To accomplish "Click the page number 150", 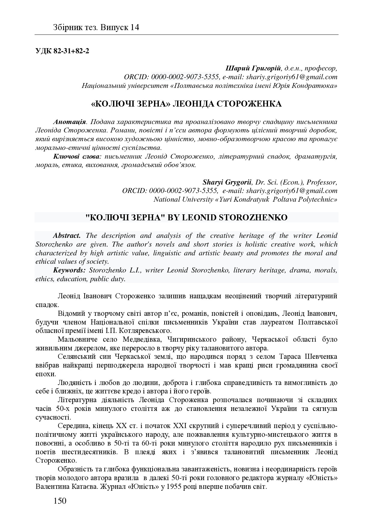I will [60, 501].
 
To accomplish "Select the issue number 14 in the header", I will [135, 28].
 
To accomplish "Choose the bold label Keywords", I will [69, 270].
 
